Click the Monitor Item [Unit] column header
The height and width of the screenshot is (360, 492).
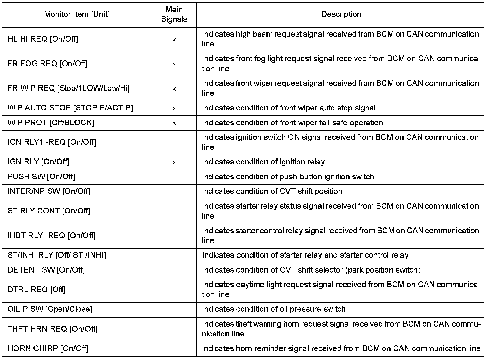(77, 14)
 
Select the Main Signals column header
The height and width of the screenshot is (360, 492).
(174, 14)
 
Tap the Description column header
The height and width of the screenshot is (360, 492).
(341, 14)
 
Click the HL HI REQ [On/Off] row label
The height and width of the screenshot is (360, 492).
(43, 39)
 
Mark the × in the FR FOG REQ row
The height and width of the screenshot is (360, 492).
(174, 64)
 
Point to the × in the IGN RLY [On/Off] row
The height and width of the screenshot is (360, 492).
(174, 163)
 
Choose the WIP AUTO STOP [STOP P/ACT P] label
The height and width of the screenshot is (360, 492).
(70, 108)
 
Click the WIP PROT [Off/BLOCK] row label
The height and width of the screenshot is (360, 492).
(51, 123)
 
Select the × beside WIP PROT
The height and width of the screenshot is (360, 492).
(174, 123)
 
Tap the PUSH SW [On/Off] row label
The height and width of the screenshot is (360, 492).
(41, 177)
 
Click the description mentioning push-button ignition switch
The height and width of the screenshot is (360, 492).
(288, 177)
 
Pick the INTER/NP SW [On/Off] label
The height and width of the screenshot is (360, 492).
(49, 191)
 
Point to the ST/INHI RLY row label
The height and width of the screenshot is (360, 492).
(57, 255)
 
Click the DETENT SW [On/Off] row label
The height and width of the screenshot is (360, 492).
(46, 270)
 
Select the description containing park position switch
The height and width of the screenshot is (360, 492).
(311, 270)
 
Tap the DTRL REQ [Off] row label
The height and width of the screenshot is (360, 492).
(36, 290)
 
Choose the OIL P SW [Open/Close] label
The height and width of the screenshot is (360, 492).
(50, 309)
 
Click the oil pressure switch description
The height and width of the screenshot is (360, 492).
(274, 309)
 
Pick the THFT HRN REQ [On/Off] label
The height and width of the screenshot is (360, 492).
(53, 329)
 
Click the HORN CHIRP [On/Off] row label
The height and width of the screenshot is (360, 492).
(48, 348)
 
